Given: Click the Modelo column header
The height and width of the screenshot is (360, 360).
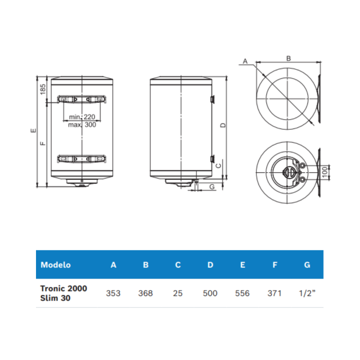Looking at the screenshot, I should pyautogui.click(x=55, y=265).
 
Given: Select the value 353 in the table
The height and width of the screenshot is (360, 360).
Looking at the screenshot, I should pyautogui.click(x=114, y=293).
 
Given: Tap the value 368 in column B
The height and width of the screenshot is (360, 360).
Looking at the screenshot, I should pyautogui.click(x=146, y=293).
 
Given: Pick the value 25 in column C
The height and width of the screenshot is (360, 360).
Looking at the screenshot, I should pyautogui.click(x=178, y=293).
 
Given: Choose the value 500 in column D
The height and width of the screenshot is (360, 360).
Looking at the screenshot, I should pyautogui.click(x=210, y=293).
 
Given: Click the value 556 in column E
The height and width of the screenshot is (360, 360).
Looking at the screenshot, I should pyautogui.click(x=242, y=293).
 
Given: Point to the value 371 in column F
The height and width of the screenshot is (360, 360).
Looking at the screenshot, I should pyautogui.click(x=274, y=293).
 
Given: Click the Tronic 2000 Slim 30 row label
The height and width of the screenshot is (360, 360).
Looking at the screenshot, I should pyautogui.click(x=64, y=293).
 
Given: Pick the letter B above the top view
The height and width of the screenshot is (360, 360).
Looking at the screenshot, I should pyautogui.click(x=288, y=58).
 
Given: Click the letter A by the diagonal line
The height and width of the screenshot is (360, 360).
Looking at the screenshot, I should pyautogui.click(x=245, y=61).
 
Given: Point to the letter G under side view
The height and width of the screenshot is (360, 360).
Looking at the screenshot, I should pyautogui.click(x=212, y=186).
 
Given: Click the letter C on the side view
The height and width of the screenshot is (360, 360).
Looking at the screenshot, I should pyautogui.click(x=219, y=165).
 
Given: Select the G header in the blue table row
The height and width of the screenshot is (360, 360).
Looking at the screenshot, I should pyautogui.click(x=307, y=265).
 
